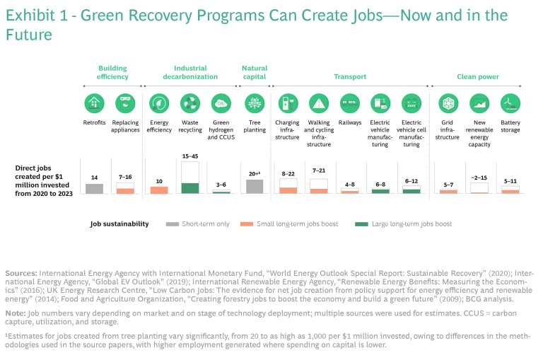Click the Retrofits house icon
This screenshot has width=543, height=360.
point(94,103)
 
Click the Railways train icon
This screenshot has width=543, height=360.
point(350,103)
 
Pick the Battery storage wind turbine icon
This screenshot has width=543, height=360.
point(510,103)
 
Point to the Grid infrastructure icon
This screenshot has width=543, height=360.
point(448,103)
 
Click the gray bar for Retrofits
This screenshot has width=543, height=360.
point(94,188)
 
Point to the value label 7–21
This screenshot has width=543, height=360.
point(319,170)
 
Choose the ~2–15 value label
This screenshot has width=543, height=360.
point(479,178)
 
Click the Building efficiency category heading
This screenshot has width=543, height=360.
point(113,73)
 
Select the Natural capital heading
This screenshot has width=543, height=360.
point(255,73)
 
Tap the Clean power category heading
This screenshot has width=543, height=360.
point(478,76)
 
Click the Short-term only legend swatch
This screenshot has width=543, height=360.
point(172,224)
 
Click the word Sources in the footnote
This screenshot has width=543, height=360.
point(21,272)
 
